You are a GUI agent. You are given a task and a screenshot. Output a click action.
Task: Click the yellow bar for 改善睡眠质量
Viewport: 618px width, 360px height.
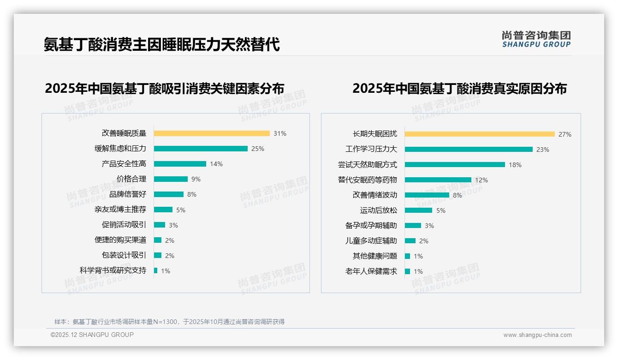[212, 133]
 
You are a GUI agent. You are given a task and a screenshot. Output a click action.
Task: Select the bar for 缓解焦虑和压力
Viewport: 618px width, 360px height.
[201, 149]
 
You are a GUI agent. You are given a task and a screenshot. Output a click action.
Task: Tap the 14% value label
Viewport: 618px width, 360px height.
[216, 164]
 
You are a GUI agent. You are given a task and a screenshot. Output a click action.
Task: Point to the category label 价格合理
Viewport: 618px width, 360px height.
[131, 179]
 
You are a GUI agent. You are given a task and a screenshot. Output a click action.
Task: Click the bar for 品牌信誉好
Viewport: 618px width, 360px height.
[169, 194]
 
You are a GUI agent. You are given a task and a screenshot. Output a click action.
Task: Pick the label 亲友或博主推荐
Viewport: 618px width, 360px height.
[120, 210]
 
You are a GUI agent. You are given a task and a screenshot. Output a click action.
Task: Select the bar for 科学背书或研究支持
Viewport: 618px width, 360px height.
[156, 270]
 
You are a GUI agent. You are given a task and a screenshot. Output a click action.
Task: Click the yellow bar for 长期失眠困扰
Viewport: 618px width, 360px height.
[480, 134]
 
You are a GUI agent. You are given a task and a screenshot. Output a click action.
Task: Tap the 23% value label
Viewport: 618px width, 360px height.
[543, 150]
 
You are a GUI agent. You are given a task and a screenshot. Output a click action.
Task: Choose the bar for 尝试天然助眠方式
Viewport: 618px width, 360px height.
[455, 165]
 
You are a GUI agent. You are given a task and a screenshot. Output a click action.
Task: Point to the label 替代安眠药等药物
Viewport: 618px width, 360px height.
[368, 180]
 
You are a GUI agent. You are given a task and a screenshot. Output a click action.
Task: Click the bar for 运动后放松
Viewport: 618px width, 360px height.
[419, 210]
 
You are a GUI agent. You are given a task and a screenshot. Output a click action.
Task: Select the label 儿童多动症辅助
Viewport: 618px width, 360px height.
[371, 241]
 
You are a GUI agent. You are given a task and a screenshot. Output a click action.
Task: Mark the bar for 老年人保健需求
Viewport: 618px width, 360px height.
[408, 271]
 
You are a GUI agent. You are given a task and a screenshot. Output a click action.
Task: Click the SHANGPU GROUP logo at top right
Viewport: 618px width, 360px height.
[536, 39]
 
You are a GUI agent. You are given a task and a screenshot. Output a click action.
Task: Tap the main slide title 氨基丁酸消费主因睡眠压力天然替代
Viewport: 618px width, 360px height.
[162, 45]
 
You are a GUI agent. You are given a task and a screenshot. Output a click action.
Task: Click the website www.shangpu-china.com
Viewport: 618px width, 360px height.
[537, 335]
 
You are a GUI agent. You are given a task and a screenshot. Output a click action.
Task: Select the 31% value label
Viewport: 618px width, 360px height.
[280, 133]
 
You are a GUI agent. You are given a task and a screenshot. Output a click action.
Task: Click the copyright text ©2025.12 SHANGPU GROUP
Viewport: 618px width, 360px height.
[92, 335]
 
